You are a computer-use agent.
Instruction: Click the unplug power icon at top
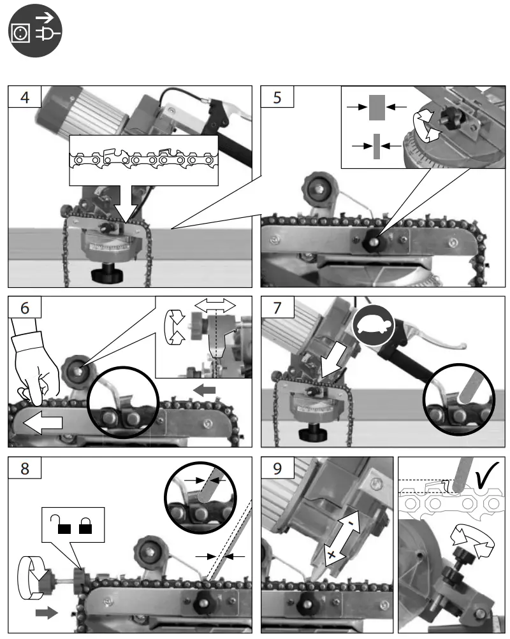[x=36, y=29]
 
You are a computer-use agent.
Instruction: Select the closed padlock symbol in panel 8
[x=85, y=526]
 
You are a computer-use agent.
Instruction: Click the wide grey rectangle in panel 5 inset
[x=378, y=108]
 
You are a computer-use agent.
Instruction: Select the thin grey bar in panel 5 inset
[x=377, y=146]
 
